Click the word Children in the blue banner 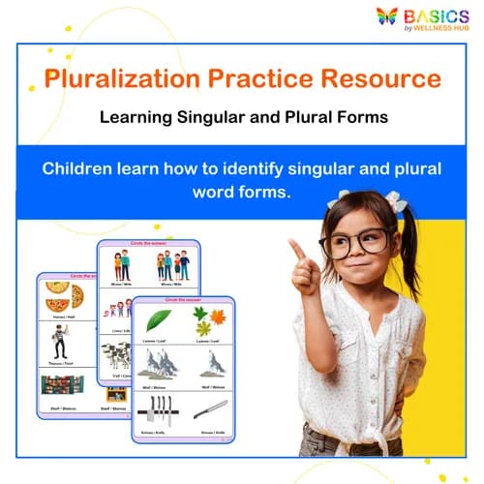click(x=81, y=168)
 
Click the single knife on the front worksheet click(x=211, y=408)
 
